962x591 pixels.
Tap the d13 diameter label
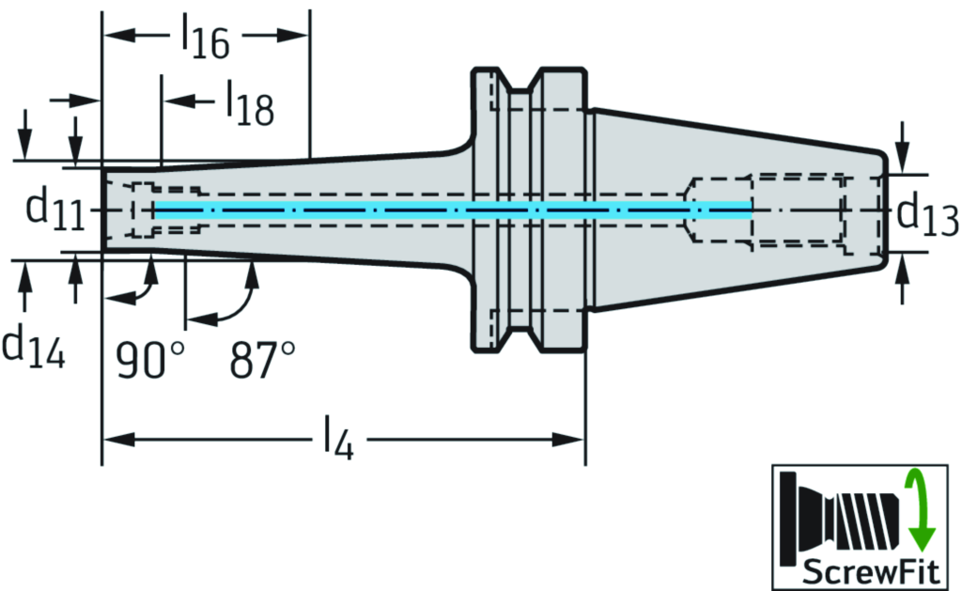[926, 215]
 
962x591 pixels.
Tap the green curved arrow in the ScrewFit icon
[919, 511]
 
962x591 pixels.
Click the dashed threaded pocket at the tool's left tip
[142, 209]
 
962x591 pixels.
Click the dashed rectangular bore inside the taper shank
[799, 210]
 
